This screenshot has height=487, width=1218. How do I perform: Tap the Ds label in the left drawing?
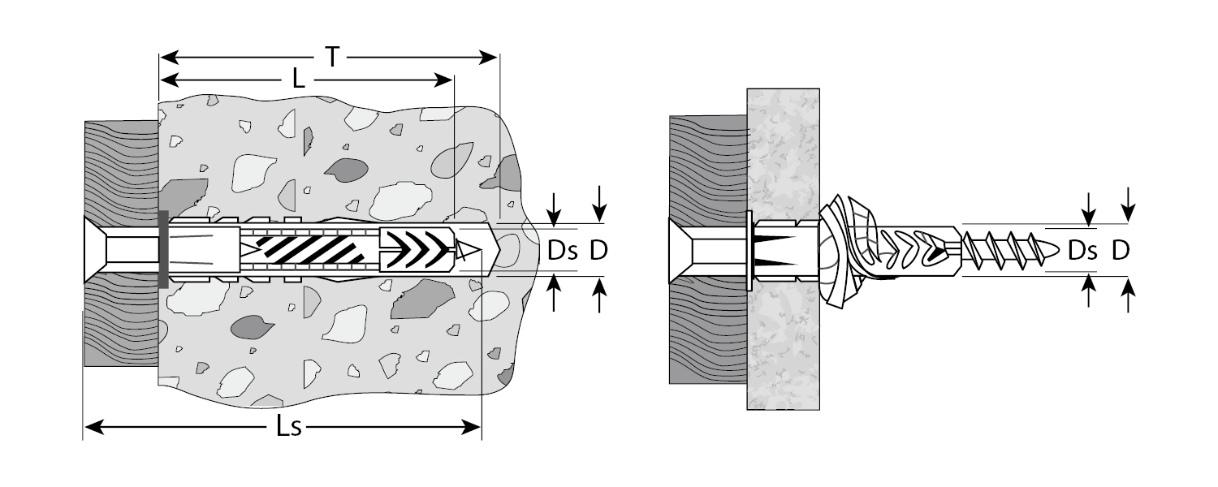(x=562, y=251)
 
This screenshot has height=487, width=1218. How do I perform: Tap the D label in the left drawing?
(x=598, y=251)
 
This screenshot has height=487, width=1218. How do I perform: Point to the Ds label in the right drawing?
(x=1082, y=251)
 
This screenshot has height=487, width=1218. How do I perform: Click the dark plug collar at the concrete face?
(x=163, y=249)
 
